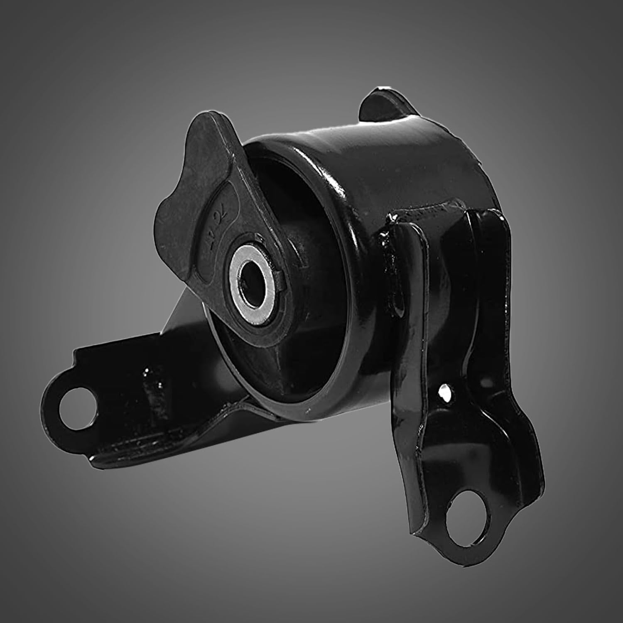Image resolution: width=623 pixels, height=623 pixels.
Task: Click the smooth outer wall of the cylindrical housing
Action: (374, 166)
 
